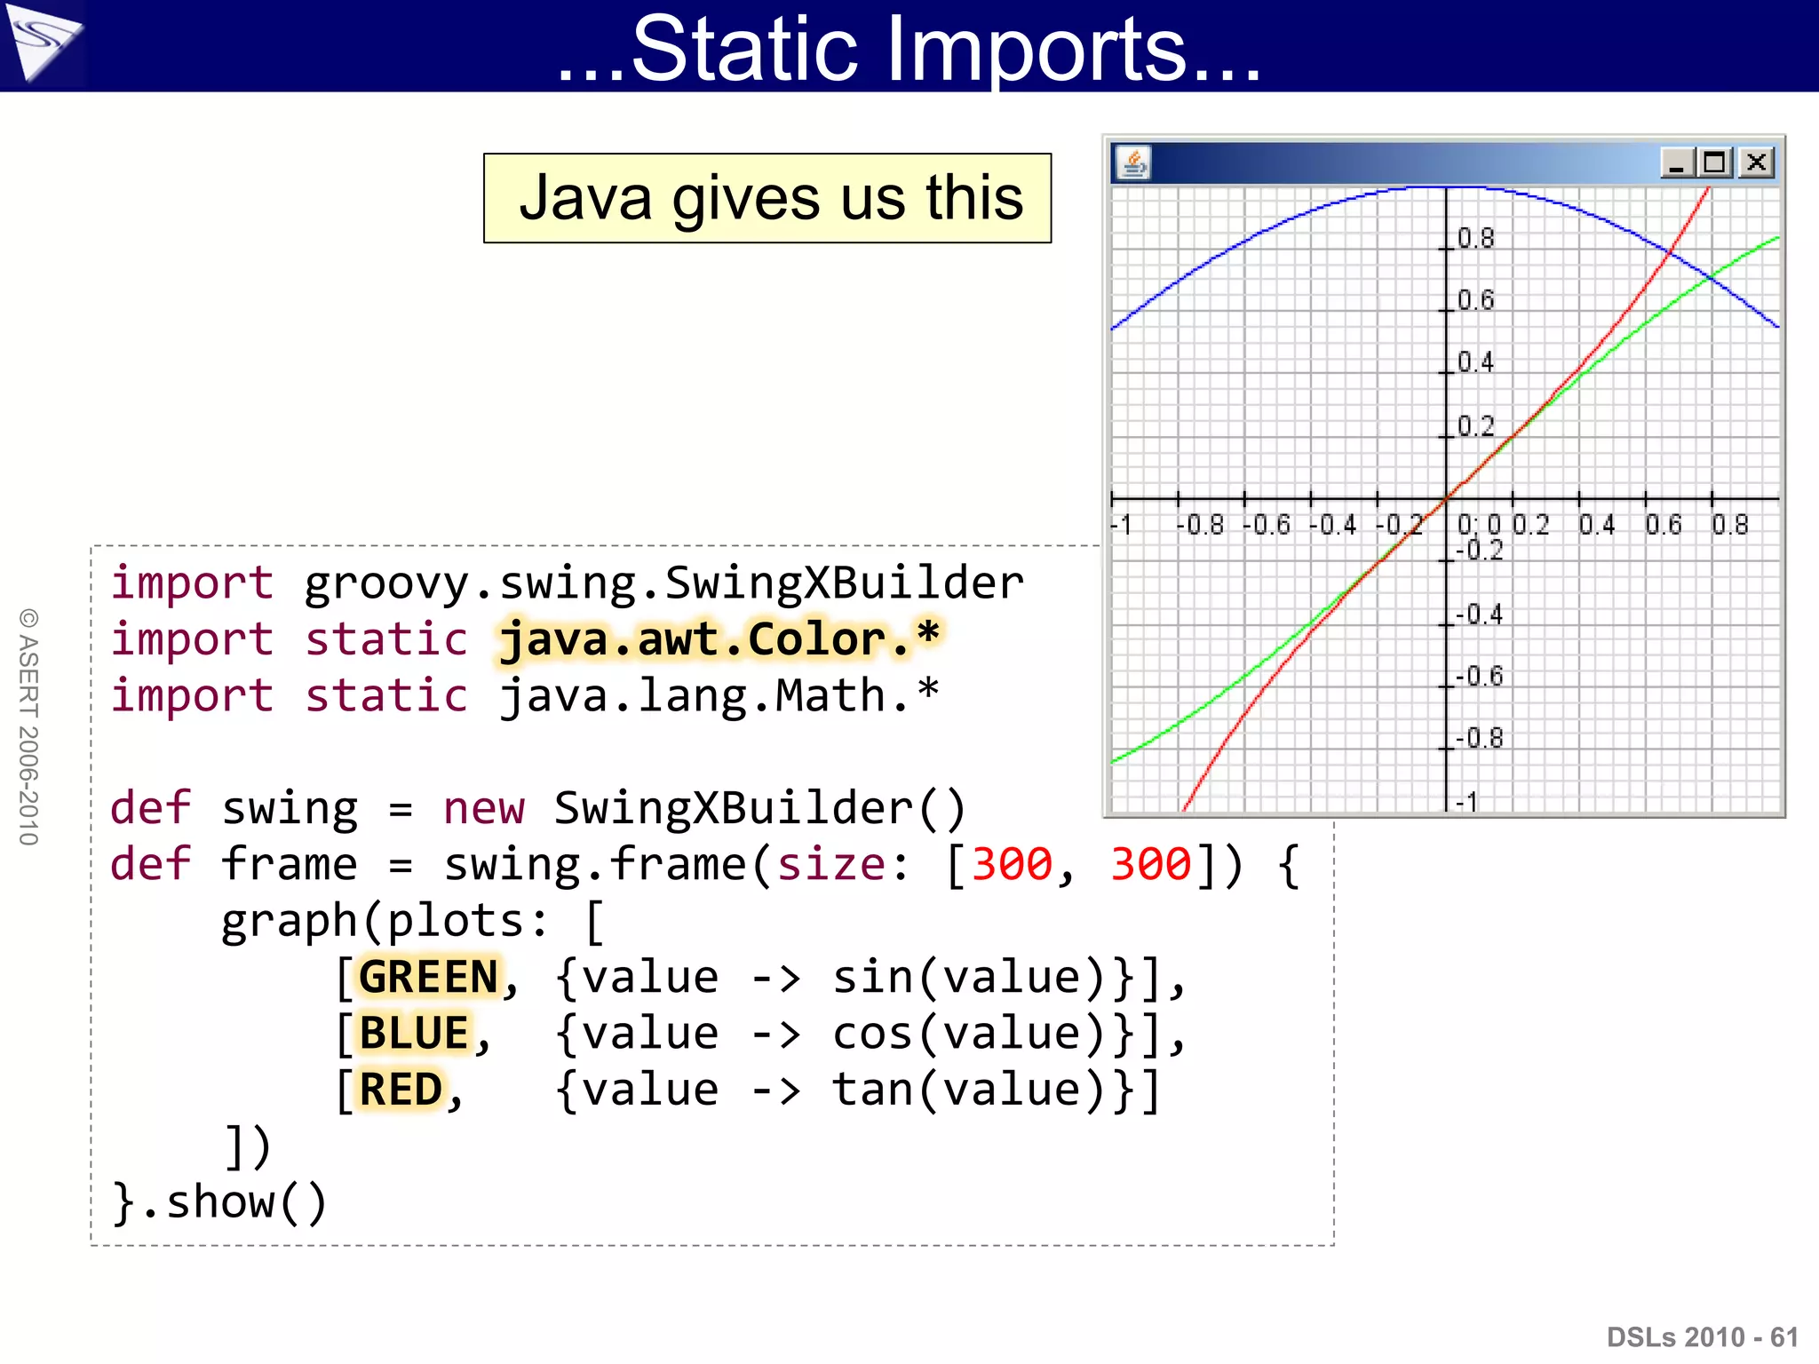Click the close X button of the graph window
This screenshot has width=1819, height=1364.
pos(1756,163)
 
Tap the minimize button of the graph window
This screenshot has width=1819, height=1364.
pos(1677,163)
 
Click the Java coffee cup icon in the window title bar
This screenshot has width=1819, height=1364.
pos(1133,163)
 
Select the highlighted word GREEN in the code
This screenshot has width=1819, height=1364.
pos(428,977)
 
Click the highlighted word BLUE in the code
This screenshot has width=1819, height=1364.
pos(414,1033)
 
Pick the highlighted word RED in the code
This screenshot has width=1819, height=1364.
pos(401,1090)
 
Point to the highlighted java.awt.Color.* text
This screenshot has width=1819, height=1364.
pos(719,639)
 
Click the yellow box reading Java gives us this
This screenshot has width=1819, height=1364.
pos(767,198)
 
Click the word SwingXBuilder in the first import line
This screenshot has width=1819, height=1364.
pos(844,583)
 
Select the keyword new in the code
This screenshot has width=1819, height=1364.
pos(483,808)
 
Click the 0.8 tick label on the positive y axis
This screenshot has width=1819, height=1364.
pos(1476,239)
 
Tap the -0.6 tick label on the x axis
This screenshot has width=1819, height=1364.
pos(1267,525)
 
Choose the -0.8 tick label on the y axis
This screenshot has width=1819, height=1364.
pos(1480,738)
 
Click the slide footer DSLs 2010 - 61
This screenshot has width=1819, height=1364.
pos(1702,1336)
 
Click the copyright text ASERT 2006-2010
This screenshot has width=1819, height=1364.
pos(28,726)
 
